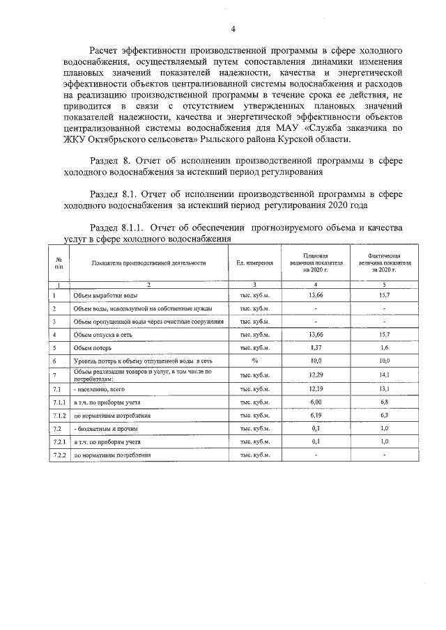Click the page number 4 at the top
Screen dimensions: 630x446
pyautogui.click(x=233, y=29)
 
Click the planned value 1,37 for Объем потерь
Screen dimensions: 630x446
pyautogui.click(x=316, y=347)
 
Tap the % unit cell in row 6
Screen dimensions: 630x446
pyautogui.click(x=255, y=361)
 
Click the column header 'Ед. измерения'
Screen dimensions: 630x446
pyautogui.click(x=255, y=263)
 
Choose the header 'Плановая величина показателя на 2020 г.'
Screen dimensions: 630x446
pyautogui.click(x=316, y=263)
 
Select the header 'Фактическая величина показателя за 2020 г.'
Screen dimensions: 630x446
pyautogui.click(x=384, y=263)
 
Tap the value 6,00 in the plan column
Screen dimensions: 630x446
pyautogui.click(x=316, y=402)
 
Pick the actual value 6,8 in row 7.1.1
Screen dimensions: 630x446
pyautogui.click(x=384, y=402)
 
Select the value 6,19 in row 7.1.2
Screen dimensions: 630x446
pyautogui.click(x=316, y=415)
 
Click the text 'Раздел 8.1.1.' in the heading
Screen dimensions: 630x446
pyautogui.click(x=118, y=228)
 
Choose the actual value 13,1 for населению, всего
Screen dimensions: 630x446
pyautogui.click(x=384, y=388)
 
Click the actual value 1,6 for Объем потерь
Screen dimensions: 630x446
pyautogui.click(x=384, y=347)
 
